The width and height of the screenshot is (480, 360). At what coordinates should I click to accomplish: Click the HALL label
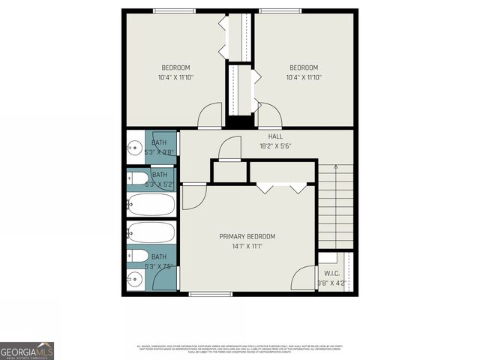[x=275, y=136]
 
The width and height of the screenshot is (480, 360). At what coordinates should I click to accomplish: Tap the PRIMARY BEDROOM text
[x=247, y=236]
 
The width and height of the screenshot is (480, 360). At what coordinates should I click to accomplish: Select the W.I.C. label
[x=331, y=274]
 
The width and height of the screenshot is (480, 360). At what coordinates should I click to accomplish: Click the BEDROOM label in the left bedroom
[x=176, y=67]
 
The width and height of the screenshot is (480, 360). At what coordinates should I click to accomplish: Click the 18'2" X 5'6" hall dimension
[x=275, y=146]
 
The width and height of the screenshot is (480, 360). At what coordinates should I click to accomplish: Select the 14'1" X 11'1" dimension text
[x=247, y=246]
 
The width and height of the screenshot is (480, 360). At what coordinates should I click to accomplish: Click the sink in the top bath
[x=135, y=145]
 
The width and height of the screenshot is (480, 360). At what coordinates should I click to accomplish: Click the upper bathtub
[x=151, y=204]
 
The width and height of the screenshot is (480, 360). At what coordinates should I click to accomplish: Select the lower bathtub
[x=151, y=232]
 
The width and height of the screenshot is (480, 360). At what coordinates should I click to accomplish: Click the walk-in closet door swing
[x=304, y=279]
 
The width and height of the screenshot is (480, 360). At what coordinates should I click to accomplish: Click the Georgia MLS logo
[x=27, y=350]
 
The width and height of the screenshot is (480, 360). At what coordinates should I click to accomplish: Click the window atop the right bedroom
[x=283, y=11]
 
